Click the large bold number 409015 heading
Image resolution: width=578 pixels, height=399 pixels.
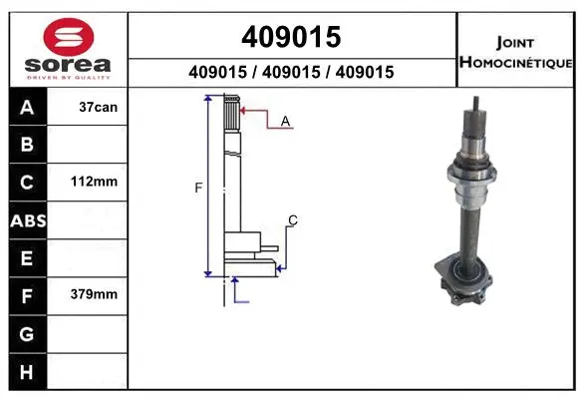[291, 37]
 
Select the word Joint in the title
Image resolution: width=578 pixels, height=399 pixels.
[514, 43]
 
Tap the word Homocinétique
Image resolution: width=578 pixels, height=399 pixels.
[515, 63]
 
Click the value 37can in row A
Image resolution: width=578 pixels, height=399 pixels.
[99, 107]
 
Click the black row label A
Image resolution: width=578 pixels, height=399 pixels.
[27, 108]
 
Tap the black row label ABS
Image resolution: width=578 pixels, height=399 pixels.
[27, 220]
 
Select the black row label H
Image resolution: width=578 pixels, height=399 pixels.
[27, 371]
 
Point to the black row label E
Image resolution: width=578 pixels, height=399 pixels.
[27, 258]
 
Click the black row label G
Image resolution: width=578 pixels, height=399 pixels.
[27, 333]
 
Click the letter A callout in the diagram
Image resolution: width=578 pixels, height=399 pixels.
[285, 121]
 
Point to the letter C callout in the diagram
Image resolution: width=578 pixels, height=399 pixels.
[293, 219]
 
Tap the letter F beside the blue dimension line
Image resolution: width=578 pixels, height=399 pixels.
[198, 188]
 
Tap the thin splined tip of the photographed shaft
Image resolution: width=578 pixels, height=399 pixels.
[479, 109]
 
